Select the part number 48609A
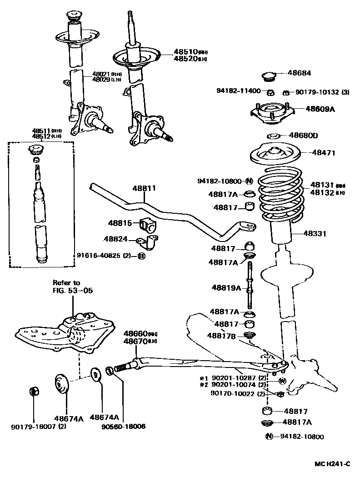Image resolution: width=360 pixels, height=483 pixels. coord(320,109)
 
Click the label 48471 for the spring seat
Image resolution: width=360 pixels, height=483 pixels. coord(323,153)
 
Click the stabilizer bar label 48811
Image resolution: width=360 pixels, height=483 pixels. coord(144,188)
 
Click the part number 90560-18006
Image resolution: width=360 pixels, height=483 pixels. coord(124,427)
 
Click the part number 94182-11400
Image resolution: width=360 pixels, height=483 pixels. coord(238,91)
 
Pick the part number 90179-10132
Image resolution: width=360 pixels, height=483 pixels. coord(318,92)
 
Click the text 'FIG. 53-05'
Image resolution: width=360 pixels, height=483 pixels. coord(73,290)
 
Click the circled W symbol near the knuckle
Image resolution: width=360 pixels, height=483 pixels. coord(282,380)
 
